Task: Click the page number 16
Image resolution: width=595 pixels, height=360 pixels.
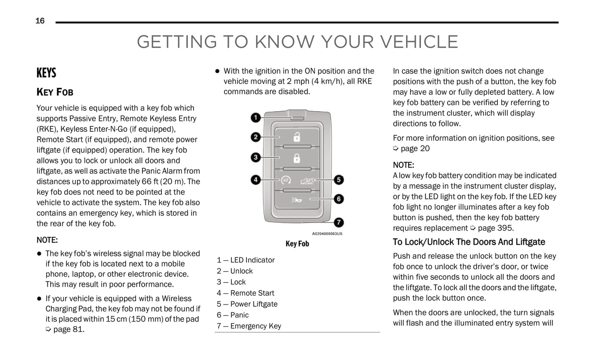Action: click(x=40, y=21)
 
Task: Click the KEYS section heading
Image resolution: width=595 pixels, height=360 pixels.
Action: click(x=46, y=73)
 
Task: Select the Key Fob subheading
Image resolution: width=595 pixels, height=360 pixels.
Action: click(x=55, y=92)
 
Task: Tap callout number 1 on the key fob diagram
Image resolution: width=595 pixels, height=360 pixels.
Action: click(x=256, y=118)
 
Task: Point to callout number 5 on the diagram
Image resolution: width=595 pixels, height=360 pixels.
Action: click(x=339, y=180)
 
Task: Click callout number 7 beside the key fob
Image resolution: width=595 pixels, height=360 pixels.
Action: click(x=339, y=222)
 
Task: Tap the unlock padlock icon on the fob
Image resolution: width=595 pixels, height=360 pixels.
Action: click(x=296, y=137)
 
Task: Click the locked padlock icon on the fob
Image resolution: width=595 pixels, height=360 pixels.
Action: click(x=296, y=158)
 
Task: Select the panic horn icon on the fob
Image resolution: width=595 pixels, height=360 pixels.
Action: click(x=296, y=200)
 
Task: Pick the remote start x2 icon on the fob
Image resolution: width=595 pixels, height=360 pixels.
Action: click(x=286, y=180)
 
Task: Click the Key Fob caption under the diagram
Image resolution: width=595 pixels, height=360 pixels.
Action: click(x=297, y=244)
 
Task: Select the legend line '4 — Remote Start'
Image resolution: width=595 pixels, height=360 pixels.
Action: click(x=245, y=293)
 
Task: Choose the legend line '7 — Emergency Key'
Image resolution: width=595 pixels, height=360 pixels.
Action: click(x=249, y=326)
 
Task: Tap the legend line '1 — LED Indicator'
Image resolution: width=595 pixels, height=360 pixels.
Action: click(x=245, y=260)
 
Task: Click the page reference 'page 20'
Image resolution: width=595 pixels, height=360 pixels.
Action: click(x=415, y=149)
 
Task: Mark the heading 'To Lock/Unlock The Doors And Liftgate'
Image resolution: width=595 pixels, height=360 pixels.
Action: click(x=469, y=242)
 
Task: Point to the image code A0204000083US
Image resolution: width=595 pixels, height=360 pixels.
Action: click(x=327, y=234)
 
